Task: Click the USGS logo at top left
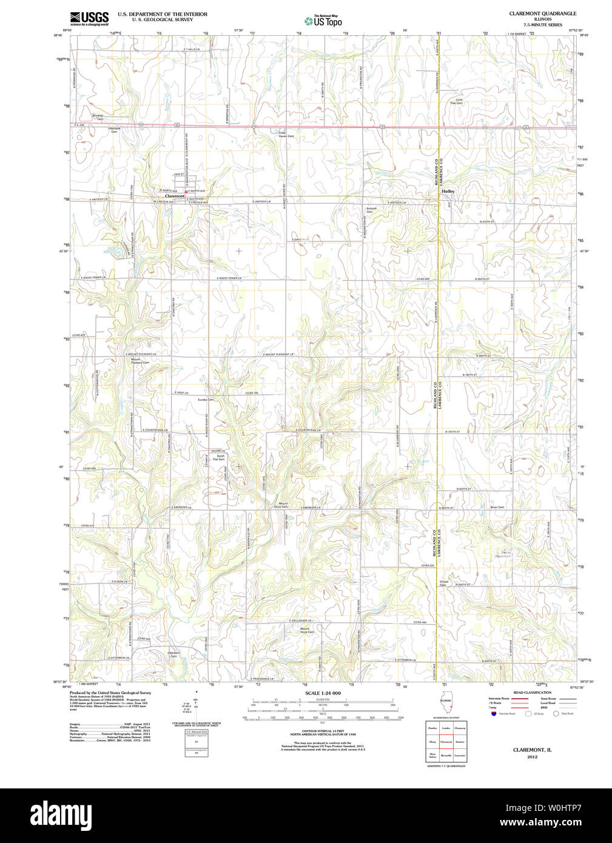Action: coord(89,18)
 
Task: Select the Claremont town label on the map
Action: coord(175,196)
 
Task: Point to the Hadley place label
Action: coord(448,191)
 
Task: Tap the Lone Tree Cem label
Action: coord(456,101)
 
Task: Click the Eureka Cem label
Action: coord(206,400)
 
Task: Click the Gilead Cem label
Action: coord(444,583)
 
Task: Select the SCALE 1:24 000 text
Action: coord(323,693)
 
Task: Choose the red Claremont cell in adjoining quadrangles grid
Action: coord(446,742)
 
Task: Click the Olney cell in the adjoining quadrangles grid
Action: coord(432,742)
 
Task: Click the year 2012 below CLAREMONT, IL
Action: coord(532,757)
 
